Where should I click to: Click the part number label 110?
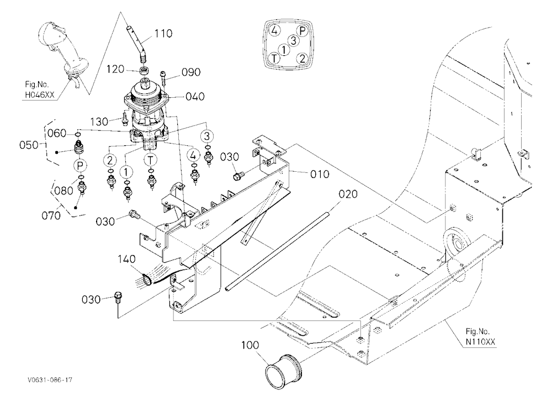[x=163, y=34]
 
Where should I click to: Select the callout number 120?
[x=115, y=69]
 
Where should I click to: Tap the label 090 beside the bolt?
[x=191, y=72]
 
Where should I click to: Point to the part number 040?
[x=195, y=96]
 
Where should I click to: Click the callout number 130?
[x=99, y=122]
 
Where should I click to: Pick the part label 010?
[x=320, y=174]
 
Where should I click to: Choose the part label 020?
[x=348, y=194]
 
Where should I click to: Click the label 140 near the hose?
[x=126, y=259]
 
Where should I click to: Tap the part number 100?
[x=250, y=345]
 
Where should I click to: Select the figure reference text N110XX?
[x=480, y=341]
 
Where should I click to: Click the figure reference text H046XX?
[x=39, y=94]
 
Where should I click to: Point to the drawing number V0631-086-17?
[x=50, y=380]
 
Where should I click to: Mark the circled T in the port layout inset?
[x=274, y=58]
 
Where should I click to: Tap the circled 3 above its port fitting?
[x=206, y=136]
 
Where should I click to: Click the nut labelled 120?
[x=144, y=71]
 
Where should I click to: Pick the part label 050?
[x=29, y=145]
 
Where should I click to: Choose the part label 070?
[x=51, y=215]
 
